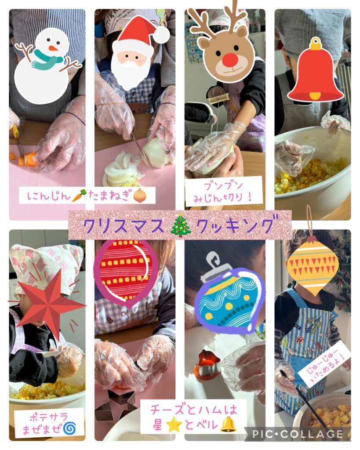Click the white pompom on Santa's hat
[x=160, y=34]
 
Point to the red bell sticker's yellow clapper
[x=315, y=95]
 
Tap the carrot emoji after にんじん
[x=78, y=196]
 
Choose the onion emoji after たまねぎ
[x=140, y=196]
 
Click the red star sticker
[x=49, y=304]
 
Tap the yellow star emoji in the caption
[x=174, y=425]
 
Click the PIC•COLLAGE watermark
[x=298, y=434]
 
